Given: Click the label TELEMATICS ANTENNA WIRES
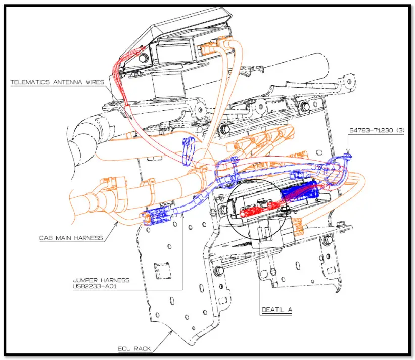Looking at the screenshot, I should click(58, 82).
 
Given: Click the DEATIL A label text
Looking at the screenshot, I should click(276, 310).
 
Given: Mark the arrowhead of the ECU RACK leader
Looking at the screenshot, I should click(172, 333).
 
